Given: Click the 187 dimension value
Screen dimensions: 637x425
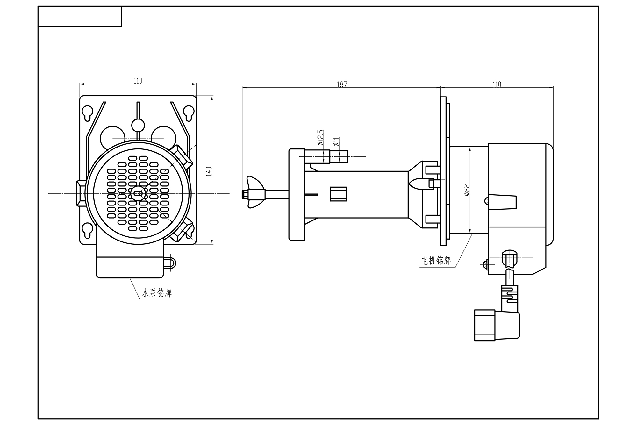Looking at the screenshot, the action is pyautogui.click(x=342, y=84).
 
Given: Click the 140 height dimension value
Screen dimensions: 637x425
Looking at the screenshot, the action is pyautogui.click(x=209, y=171).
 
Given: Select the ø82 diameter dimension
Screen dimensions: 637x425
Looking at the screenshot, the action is pyautogui.click(x=467, y=190).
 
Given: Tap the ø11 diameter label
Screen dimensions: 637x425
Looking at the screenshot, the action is pyautogui.click(x=336, y=142).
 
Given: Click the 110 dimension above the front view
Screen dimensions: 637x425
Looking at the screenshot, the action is pyautogui.click(x=138, y=81).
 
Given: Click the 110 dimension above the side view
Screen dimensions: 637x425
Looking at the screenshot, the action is pyautogui.click(x=497, y=84).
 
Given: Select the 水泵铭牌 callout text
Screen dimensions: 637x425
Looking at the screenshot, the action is pyautogui.click(x=157, y=293).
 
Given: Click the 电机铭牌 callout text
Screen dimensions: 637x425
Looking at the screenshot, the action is pyautogui.click(x=436, y=261).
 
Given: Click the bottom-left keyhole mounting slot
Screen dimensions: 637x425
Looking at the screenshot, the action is pyautogui.click(x=88, y=230).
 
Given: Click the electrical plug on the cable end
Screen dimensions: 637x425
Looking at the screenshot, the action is pyautogui.click(x=497, y=325).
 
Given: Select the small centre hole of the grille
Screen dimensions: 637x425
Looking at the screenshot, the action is pyautogui.click(x=138, y=193).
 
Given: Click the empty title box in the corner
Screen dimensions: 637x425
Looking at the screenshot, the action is pyautogui.click(x=80, y=16).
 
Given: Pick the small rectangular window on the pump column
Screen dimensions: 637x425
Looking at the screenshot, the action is pyautogui.click(x=338, y=194).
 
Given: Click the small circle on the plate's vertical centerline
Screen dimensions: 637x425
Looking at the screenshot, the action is pyautogui.click(x=138, y=125).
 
